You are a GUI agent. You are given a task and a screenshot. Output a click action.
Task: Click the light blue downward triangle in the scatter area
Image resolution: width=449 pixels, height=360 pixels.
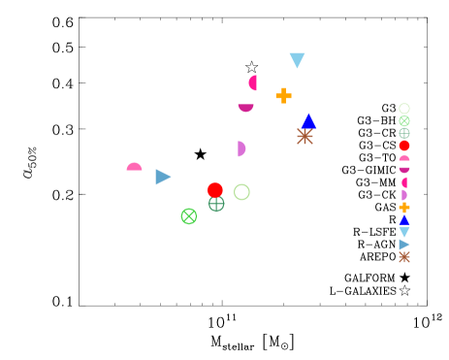point(297,59)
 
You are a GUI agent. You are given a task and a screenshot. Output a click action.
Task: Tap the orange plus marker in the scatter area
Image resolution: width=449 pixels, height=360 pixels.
point(283,95)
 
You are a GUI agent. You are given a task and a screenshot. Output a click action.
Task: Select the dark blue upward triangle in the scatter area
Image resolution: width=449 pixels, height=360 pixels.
point(308,121)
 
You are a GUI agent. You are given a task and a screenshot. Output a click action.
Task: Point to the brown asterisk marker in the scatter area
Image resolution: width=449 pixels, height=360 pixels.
point(305,137)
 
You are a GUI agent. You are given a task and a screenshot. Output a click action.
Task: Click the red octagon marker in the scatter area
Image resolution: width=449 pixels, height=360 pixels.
point(214,190)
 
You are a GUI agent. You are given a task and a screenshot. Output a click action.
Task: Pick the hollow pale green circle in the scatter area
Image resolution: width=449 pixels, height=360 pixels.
point(241,192)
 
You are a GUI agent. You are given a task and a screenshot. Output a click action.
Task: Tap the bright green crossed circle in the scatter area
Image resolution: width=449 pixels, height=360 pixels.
point(189,216)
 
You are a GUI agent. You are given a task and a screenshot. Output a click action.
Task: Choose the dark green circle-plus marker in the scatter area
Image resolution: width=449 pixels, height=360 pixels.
point(216,204)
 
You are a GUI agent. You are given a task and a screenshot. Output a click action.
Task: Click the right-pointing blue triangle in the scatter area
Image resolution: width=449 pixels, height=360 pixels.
point(163,177)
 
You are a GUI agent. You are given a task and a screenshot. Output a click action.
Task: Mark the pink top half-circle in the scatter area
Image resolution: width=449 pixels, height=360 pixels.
point(134,167)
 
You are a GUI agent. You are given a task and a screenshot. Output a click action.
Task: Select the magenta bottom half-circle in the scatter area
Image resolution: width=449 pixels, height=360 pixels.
point(245,107)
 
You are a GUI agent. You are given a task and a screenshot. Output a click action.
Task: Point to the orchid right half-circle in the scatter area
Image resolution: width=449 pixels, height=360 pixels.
point(241,148)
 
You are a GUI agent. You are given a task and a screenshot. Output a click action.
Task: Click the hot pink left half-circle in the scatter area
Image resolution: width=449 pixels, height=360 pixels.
point(253,83)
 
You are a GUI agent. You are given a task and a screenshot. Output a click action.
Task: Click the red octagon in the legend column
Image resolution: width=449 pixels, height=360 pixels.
point(404,146)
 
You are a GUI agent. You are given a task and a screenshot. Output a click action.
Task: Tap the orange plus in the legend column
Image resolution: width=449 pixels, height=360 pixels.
point(404,207)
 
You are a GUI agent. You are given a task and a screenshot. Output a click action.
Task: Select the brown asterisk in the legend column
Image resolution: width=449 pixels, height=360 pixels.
point(404,257)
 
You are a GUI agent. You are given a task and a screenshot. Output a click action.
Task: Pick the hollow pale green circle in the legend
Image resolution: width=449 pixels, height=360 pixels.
point(404,109)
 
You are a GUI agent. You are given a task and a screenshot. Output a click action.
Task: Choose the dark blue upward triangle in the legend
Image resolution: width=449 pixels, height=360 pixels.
point(404,219)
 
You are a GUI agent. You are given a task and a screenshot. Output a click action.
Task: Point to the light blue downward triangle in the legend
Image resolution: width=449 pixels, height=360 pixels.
point(404,232)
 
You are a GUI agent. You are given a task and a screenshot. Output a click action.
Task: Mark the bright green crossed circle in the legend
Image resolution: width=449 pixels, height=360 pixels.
point(404,121)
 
